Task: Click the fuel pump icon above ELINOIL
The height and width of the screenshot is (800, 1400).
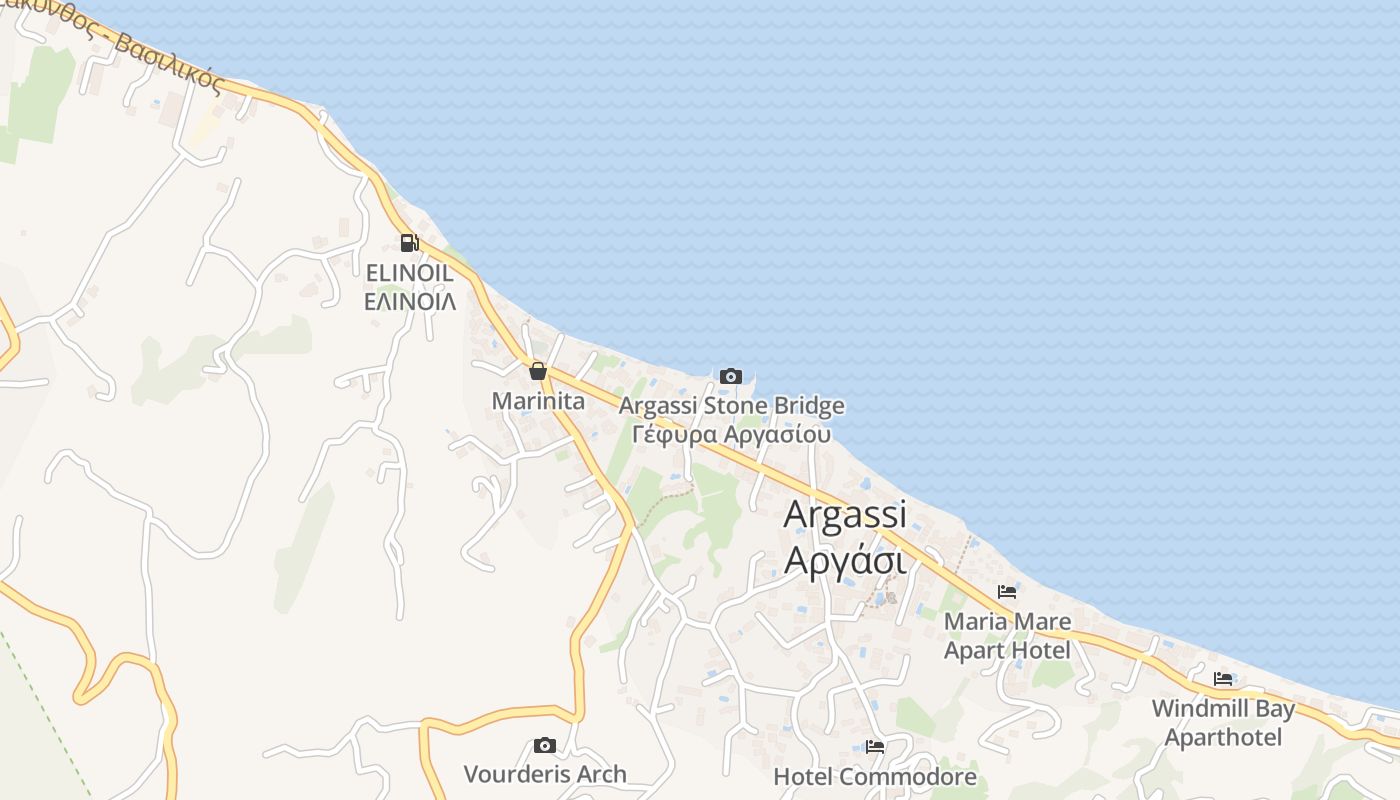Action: pyautogui.click(x=409, y=242)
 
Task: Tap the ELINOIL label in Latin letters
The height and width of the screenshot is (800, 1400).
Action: pyautogui.click(x=409, y=272)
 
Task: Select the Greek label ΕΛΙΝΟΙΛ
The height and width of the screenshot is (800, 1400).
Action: pyautogui.click(x=409, y=300)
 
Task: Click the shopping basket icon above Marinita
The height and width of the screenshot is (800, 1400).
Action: pyautogui.click(x=538, y=372)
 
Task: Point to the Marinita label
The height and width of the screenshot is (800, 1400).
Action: pyautogui.click(x=538, y=401)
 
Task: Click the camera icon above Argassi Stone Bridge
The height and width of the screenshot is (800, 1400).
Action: pyautogui.click(x=731, y=376)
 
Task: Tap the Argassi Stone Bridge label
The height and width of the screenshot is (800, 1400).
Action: pyautogui.click(x=731, y=406)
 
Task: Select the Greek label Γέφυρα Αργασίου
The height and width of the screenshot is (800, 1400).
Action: pyautogui.click(x=731, y=434)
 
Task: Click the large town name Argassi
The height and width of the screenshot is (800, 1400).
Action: pyautogui.click(x=845, y=515)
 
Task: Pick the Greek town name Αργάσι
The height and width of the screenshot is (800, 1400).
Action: pyautogui.click(x=845, y=560)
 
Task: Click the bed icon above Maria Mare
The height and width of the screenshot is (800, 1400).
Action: pyautogui.click(x=1007, y=592)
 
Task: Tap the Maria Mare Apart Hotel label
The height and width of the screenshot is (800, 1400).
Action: pyautogui.click(x=1007, y=636)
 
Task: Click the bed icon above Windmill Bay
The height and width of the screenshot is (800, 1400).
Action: pyautogui.click(x=1223, y=679)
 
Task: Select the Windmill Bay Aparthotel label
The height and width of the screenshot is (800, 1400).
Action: pyautogui.click(x=1223, y=723)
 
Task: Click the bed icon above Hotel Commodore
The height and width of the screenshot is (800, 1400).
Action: pyautogui.click(x=875, y=746)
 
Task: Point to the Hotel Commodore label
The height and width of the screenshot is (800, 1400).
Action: pyautogui.click(x=875, y=776)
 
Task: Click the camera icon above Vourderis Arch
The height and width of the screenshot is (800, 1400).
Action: pyautogui.click(x=545, y=745)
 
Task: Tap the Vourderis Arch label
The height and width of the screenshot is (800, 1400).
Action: pyautogui.click(x=545, y=774)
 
